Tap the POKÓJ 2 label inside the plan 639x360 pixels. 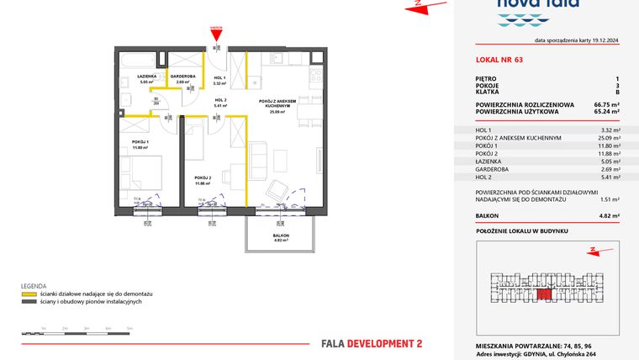coord(203,177)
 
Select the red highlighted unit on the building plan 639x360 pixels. coord(544,292)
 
